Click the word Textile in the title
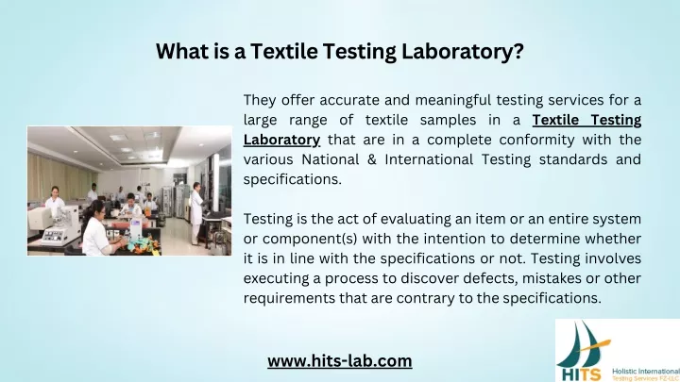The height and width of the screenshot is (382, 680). tap(284, 51)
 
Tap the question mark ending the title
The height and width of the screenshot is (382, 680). tap(518, 51)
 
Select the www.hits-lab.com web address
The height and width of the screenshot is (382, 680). tap(340, 361)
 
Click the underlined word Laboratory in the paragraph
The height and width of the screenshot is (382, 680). tap(281, 140)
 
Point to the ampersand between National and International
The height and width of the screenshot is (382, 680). tap(372, 159)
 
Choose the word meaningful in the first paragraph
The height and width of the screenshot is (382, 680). tap(452, 101)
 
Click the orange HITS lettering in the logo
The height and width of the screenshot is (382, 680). tap(581, 374)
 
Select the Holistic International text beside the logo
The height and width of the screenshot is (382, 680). tap(646, 372)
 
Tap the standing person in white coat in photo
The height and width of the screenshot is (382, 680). tap(196, 213)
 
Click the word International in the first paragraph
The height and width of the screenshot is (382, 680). tap(429, 159)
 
